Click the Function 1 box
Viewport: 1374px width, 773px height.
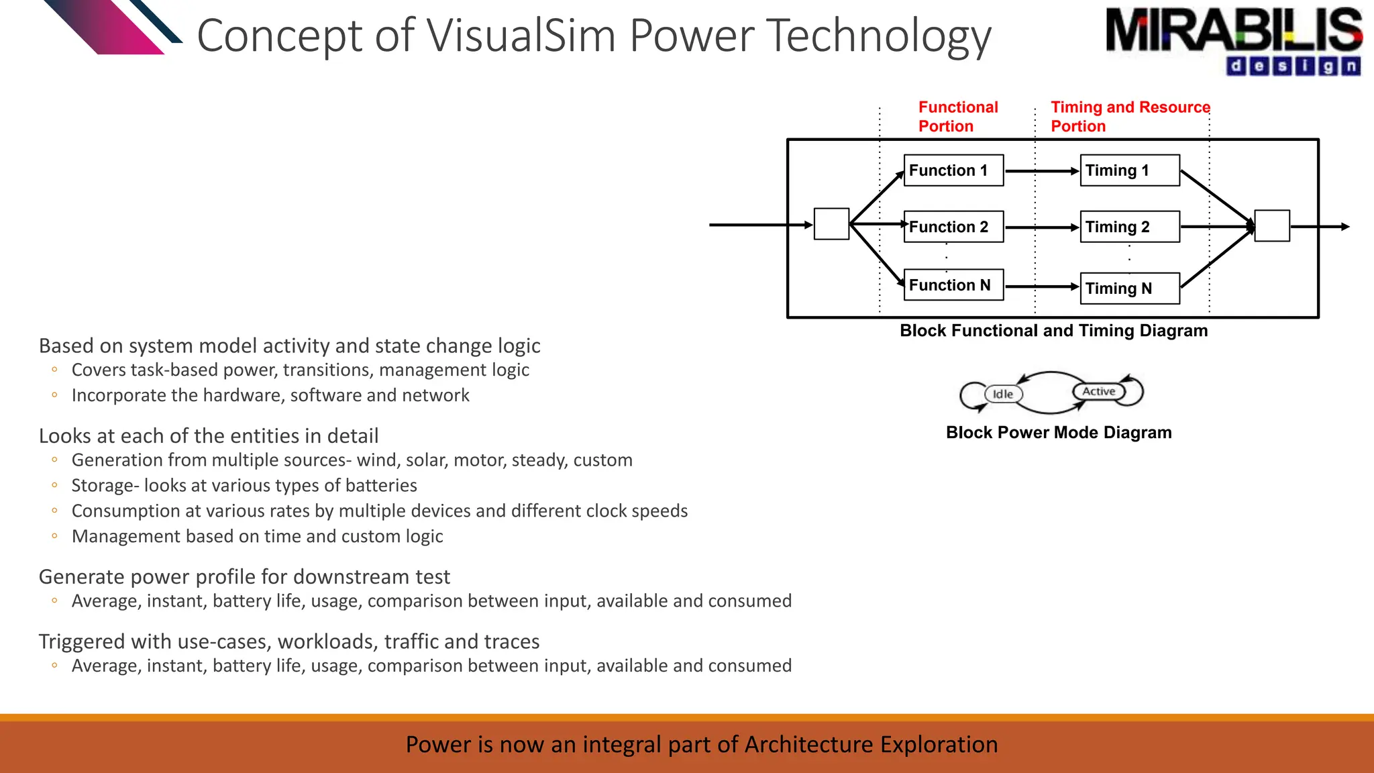(953, 170)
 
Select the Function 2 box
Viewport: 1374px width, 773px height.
(953, 227)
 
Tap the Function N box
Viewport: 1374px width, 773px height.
(953, 285)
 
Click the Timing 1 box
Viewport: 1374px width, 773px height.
(1130, 170)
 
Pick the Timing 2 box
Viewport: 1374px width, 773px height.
(1130, 227)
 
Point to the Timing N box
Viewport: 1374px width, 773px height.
(1130, 289)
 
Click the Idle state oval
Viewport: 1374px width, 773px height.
(1003, 394)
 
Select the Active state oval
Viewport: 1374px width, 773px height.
(1098, 391)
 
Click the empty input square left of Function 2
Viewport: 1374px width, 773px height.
(831, 224)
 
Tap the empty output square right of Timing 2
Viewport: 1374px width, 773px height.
(1272, 226)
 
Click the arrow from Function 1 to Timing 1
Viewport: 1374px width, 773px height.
(1041, 171)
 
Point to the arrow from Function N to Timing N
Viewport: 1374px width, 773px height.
(1041, 287)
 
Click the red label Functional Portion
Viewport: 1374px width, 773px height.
(957, 117)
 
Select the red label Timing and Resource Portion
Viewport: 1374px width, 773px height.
(1130, 117)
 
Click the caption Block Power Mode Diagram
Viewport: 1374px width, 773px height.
(1059, 433)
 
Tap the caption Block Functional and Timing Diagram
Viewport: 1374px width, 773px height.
(1053, 331)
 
